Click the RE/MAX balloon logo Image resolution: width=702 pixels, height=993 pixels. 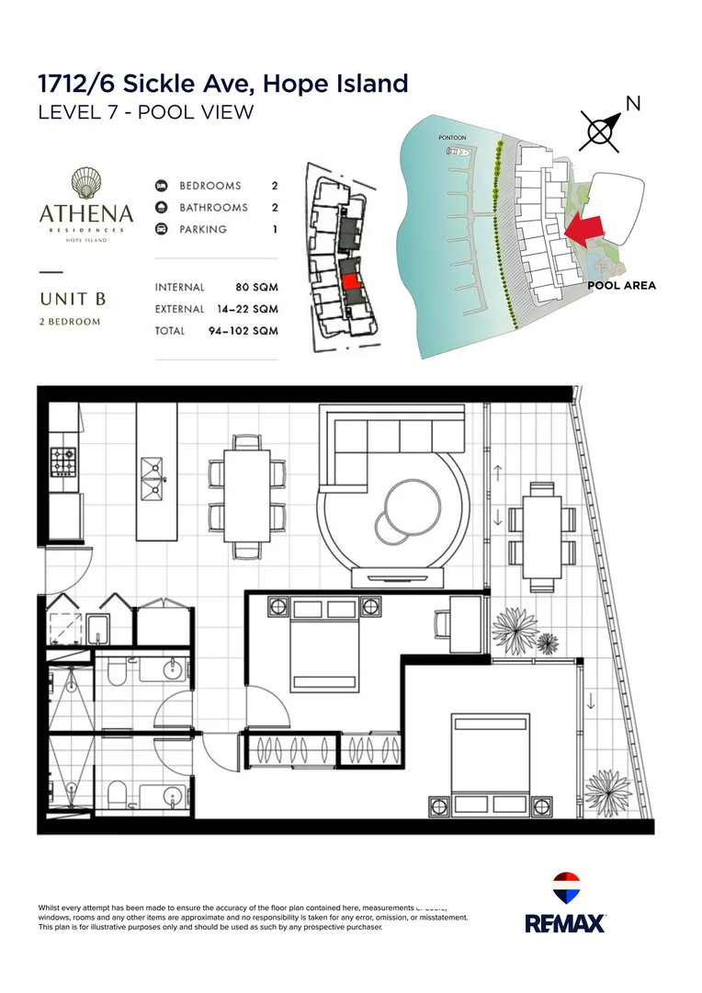[x=566, y=888]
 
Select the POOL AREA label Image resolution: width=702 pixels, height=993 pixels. [x=621, y=285]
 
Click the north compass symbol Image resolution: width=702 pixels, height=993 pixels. [x=600, y=132]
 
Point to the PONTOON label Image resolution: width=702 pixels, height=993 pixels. [x=452, y=138]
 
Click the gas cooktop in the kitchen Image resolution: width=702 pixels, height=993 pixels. [x=62, y=462]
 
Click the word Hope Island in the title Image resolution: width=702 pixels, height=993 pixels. [x=335, y=84]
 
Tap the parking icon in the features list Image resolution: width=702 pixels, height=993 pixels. [x=161, y=229]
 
